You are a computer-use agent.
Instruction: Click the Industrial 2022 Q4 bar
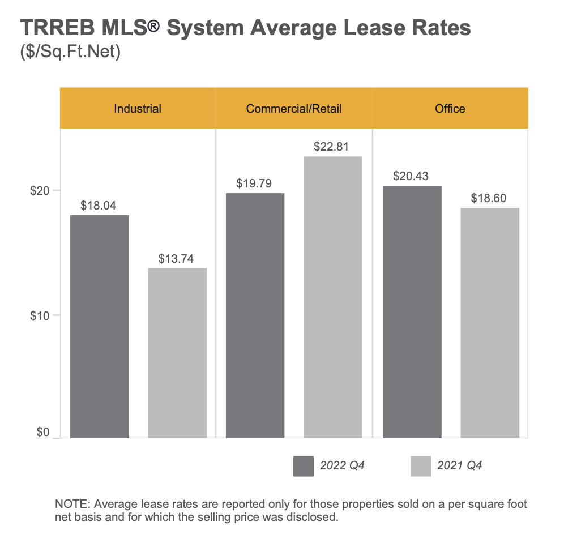pyautogui.click(x=99, y=326)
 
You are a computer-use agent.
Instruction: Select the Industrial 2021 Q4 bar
pyautogui.click(x=177, y=353)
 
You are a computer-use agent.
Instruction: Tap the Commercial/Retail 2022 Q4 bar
pyautogui.click(x=255, y=315)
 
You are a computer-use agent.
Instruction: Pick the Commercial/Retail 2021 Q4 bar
pyautogui.click(x=333, y=297)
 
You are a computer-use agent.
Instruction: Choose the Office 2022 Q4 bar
pyautogui.click(x=412, y=311)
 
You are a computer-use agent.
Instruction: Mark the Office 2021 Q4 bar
pyautogui.click(x=490, y=323)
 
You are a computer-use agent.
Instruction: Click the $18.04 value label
pyautogui.click(x=99, y=206)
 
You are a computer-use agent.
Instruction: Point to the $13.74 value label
pyautogui.click(x=177, y=258)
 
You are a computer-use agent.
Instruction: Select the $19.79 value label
pyautogui.click(x=255, y=183)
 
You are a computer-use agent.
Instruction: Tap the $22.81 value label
pyautogui.click(x=333, y=147)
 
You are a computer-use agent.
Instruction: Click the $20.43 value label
pyautogui.click(x=412, y=176)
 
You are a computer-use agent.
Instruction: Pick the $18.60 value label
pyautogui.click(x=489, y=198)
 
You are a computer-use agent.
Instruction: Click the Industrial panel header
pyautogui.click(x=138, y=109)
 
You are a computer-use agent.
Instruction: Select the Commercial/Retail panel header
pyautogui.click(x=294, y=109)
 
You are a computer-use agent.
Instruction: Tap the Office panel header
pyautogui.click(x=450, y=109)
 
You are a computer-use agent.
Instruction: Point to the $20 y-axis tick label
pyautogui.click(x=40, y=191)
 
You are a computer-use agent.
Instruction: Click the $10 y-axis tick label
pyautogui.click(x=40, y=315)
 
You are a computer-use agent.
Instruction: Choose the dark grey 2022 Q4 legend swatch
pyautogui.click(x=304, y=466)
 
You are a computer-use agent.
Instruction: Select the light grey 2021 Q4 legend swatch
pyautogui.click(x=420, y=466)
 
